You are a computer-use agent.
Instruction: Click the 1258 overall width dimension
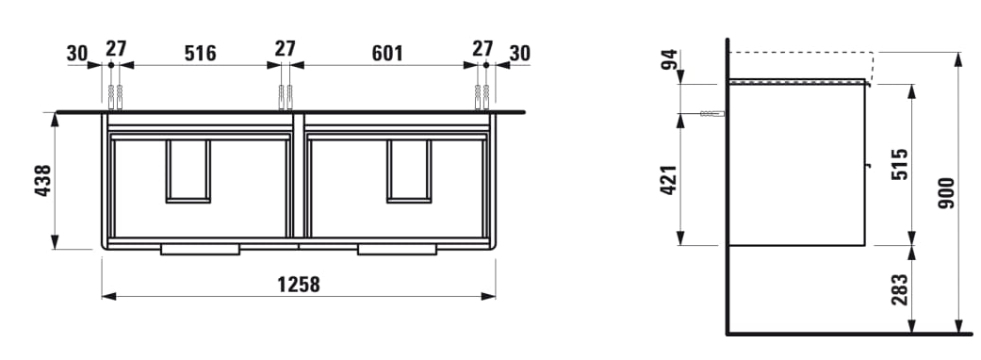coord(299,285)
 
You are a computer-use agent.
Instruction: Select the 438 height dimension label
coord(42,180)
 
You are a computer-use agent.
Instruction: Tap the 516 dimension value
coord(200,54)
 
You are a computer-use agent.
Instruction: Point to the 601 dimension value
coord(387,54)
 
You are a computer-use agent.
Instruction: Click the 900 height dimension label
coord(947,193)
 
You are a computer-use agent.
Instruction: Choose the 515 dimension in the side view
coord(899,165)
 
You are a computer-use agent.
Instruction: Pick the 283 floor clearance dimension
coord(899,289)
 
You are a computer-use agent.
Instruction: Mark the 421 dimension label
coord(669,180)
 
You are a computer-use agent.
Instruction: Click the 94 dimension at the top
coord(669,59)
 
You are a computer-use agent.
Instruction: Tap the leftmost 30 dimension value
coord(77,54)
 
